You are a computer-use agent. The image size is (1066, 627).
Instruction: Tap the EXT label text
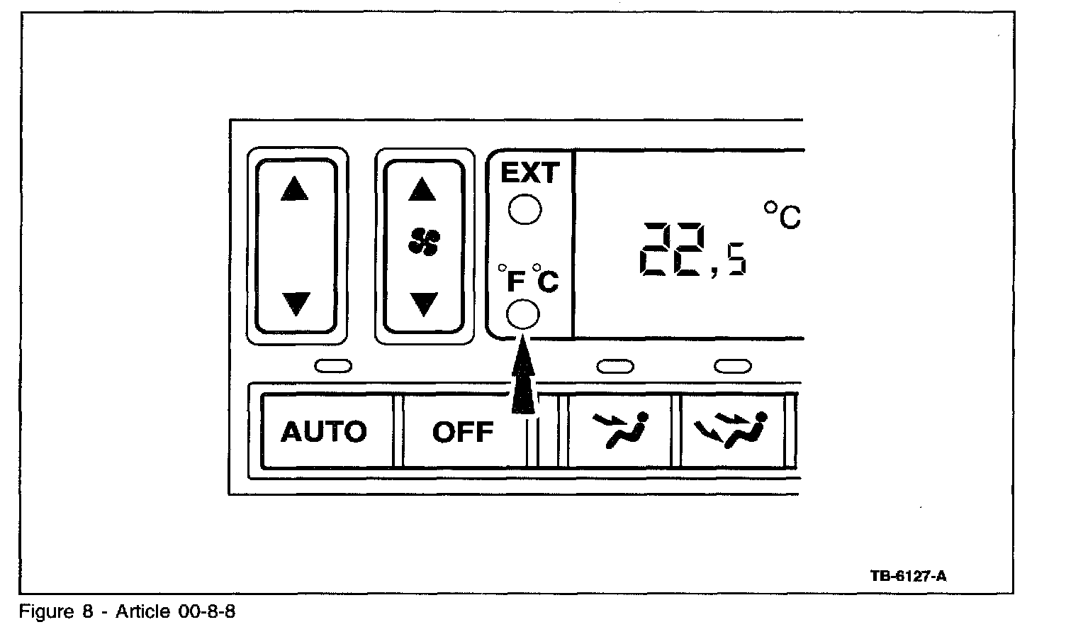click(x=530, y=173)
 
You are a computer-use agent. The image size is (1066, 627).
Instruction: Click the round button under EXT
click(x=525, y=209)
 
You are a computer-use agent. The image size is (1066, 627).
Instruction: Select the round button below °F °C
click(x=524, y=313)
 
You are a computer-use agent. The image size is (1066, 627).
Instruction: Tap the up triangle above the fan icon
click(x=423, y=189)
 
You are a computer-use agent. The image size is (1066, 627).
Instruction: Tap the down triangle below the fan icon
click(x=424, y=304)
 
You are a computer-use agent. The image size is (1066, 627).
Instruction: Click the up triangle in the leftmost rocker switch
click(x=295, y=189)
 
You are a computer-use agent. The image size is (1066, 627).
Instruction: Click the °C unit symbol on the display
click(x=782, y=215)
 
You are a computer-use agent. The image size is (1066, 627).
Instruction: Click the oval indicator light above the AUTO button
click(x=333, y=366)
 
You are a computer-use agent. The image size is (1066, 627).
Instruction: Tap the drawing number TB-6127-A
click(x=908, y=576)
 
